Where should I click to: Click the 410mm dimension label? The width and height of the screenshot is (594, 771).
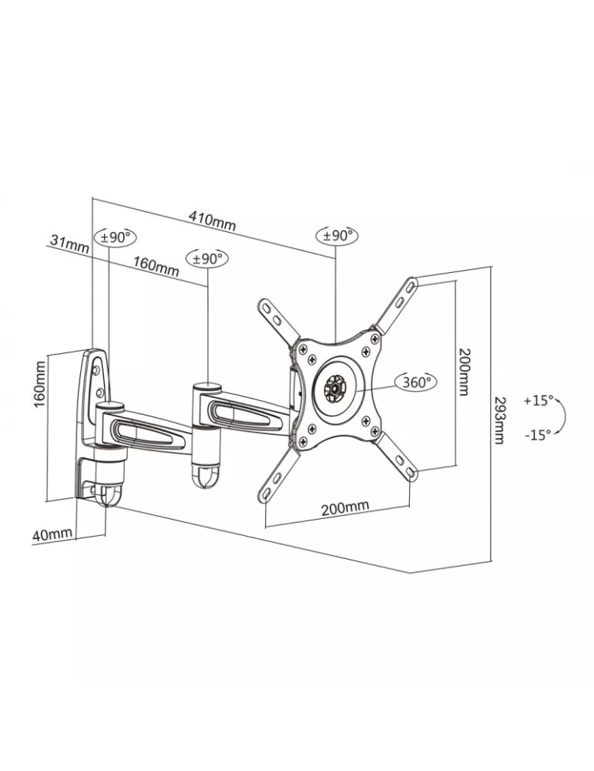pyautogui.click(x=212, y=221)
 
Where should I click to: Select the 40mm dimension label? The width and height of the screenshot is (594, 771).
pyautogui.click(x=52, y=534)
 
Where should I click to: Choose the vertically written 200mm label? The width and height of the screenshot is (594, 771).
pyautogui.click(x=465, y=372)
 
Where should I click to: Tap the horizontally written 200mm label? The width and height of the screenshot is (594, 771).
pyautogui.click(x=345, y=507)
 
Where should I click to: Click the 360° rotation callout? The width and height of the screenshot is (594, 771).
pyautogui.click(x=416, y=382)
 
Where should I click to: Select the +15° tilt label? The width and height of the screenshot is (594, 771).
pyautogui.click(x=538, y=400)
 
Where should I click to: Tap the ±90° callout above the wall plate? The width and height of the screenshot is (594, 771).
pyautogui.click(x=116, y=238)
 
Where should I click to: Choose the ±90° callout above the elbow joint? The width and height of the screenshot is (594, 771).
pyautogui.click(x=207, y=258)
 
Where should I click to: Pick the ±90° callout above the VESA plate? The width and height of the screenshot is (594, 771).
pyautogui.click(x=337, y=235)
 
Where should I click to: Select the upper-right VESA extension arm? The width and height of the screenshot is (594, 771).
pyautogui.click(x=395, y=305)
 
